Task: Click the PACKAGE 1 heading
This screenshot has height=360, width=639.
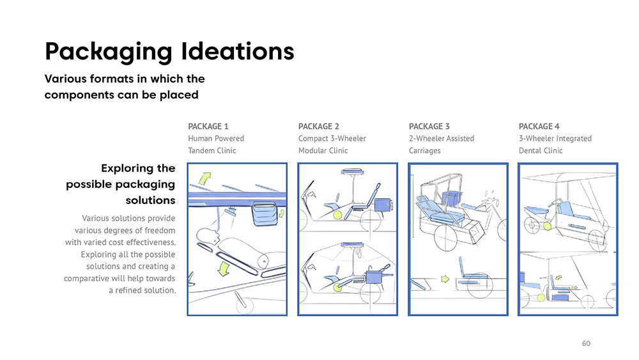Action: coord(208,127)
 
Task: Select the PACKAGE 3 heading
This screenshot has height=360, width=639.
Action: coord(429,127)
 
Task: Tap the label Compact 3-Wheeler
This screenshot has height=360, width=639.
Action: coord(332,139)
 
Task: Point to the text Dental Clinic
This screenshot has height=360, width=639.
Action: coord(541,151)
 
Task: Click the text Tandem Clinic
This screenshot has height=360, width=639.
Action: coord(212,151)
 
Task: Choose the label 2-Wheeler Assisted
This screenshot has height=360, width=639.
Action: coord(441,139)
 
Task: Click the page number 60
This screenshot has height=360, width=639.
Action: coord(586,344)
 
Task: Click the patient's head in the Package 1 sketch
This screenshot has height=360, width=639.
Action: coord(207,237)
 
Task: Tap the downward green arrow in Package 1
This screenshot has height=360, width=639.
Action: coord(223,269)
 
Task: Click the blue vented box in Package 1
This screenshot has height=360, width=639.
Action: coord(265,214)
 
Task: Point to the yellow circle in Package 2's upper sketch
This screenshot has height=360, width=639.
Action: coord(338,215)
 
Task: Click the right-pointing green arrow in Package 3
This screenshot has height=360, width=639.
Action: coord(443,279)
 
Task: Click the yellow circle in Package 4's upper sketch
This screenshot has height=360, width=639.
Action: coord(547,225)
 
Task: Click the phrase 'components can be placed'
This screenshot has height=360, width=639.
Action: coord(121,95)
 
